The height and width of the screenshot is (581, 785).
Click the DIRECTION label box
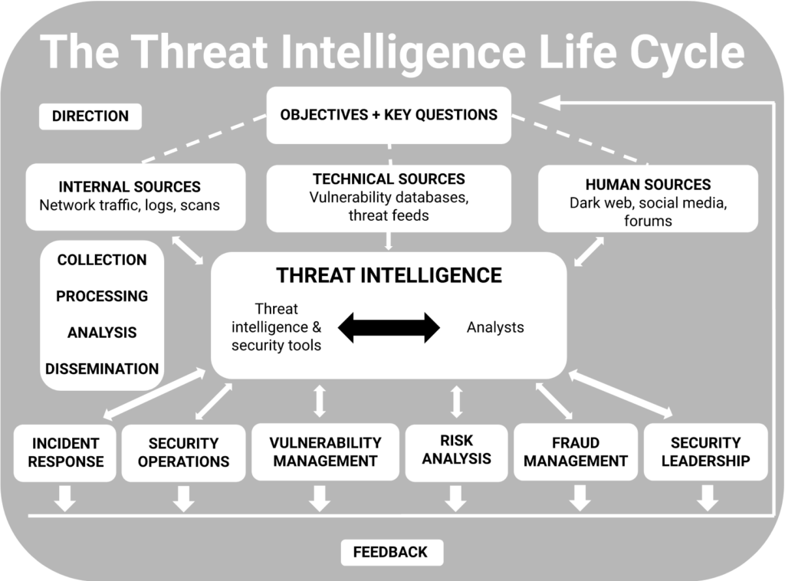(x=90, y=117)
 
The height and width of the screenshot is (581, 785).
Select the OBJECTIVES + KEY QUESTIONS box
(x=389, y=115)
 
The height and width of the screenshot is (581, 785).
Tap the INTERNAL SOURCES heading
(x=130, y=187)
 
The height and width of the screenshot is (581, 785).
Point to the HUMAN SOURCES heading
(x=648, y=185)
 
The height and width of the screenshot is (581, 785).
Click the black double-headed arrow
(x=389, y=327)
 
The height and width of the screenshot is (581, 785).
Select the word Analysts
(x=495, y=327)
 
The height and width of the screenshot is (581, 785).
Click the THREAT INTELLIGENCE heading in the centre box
(x=389, y=275)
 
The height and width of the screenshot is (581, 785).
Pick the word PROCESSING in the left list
(x=102, y=296)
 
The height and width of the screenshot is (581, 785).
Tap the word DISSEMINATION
(x=102, y=369)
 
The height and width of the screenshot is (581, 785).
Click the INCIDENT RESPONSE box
(x=66, y=452)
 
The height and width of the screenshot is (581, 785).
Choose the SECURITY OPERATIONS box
(x=183, y=452)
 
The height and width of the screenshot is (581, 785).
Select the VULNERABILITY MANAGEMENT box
(x=325, y=451)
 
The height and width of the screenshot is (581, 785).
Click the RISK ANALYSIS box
(x=456, y=450)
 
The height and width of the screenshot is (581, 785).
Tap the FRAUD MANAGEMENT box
(x=575, y=451)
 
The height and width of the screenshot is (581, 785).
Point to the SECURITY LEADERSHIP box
(x=705, y=451)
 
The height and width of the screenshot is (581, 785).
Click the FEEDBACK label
(x=390, y=552)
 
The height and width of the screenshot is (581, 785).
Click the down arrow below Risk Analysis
(x=456, y=497)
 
